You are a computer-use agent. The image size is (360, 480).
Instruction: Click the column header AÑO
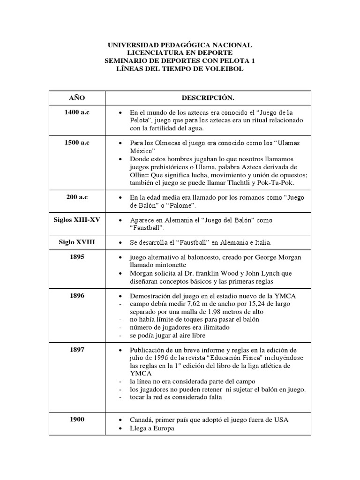click(77, 97)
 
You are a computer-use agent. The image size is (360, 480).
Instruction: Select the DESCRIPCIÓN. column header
click(208, 97)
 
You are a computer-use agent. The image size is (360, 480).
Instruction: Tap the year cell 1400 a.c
click(77, 112)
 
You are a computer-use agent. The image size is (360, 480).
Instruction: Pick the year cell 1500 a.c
click(77, 142)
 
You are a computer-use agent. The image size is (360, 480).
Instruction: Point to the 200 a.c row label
click(77, 197)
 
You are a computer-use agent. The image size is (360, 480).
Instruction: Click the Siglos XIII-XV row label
click(77, 219)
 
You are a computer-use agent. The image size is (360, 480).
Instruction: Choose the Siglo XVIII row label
click(77, 242)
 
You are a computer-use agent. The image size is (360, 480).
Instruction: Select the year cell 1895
click(77, 257)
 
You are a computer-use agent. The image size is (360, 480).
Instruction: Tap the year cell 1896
click(77, 296)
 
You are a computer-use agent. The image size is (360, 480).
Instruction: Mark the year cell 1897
click(77, 350)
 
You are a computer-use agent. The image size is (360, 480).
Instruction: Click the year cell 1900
click(77, 419)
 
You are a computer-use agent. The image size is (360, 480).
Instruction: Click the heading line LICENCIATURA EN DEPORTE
click(180, 53)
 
